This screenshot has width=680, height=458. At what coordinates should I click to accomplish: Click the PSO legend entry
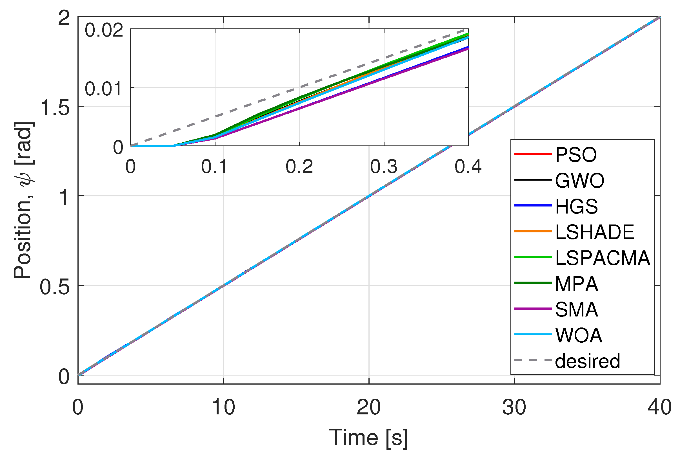pyautogui.click(x=575, y=154)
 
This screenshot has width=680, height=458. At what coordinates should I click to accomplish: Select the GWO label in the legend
pyautogui.click(x=579, y=180)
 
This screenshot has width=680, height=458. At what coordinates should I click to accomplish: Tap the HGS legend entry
pyautogui.click(x=576, y=206)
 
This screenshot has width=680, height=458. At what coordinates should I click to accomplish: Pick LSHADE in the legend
pyautogui.click(x=594, y=232)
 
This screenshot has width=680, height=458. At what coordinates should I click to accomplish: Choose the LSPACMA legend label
pyautogui.click(x=602, y=258)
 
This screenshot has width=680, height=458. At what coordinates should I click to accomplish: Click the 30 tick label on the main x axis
pyautogui.click(x=514, y=407)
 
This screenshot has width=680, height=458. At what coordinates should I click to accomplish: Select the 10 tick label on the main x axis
pyautogui.click(x=223, y=407)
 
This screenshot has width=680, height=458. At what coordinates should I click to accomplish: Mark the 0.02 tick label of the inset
pyautogui.click(x=104, y=30)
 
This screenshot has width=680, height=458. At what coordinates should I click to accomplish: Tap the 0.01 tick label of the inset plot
pyautogui.click(x=103, y=89)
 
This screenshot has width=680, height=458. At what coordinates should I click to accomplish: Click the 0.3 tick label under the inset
pyautogui.click(x=383, y=167)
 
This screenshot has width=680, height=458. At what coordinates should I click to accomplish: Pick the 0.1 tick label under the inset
pyautogui.click(x=214, y=167)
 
